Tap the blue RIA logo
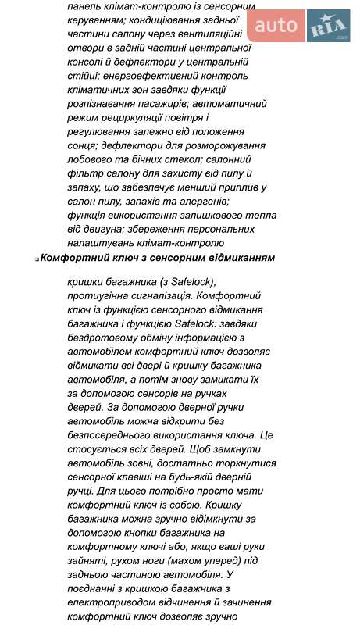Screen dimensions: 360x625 [x=328, y=27]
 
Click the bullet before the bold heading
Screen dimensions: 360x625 [x=36, y=259]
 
